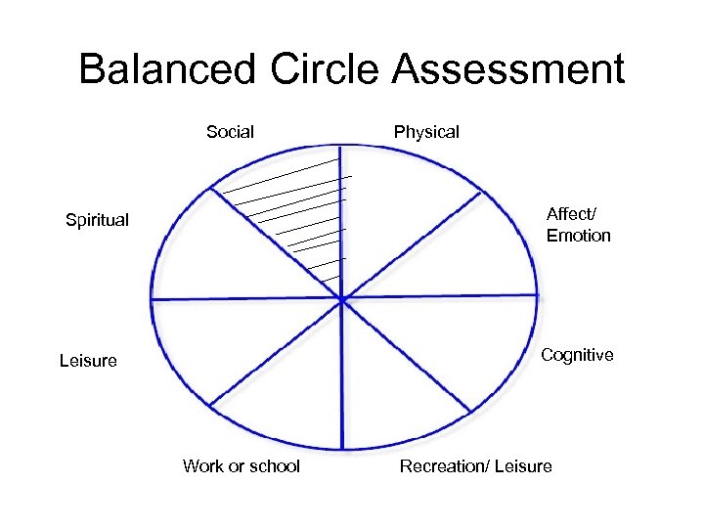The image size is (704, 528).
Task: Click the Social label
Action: pos(230,132)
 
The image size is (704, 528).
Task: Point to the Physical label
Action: pos(426,132)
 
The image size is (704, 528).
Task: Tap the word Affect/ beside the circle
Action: pos(569,214)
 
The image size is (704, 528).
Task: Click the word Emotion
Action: pos(578,236)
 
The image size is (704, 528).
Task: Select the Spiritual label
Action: pos(97,220)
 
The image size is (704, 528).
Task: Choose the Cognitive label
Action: pos(577,355)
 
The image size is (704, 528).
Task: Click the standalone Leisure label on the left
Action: pos(88,361)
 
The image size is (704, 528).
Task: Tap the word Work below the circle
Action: pos(203,466)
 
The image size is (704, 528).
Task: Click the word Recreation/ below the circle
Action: pos(444,466)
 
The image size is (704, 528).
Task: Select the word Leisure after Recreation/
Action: pos(523,466)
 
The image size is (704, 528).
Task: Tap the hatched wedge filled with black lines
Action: pos(303,210)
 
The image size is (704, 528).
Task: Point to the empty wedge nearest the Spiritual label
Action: pos(215,254)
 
